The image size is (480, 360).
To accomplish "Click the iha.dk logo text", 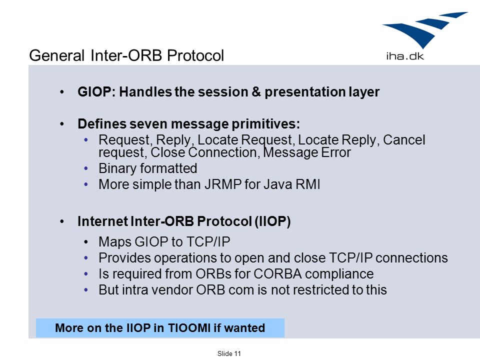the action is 405,56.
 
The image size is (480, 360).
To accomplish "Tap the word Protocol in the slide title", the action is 195,55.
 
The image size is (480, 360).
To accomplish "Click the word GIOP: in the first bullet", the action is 96,92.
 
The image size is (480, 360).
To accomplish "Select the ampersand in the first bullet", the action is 256,92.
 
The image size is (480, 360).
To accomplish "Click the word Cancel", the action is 404,140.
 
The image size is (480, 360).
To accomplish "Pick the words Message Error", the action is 306,152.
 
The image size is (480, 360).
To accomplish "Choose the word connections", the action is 411,258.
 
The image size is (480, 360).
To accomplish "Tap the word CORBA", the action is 277,274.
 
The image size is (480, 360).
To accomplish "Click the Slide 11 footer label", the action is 229,353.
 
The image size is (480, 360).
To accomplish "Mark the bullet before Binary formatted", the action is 86,168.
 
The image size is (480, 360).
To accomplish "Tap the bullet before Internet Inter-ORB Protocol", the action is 62,221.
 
